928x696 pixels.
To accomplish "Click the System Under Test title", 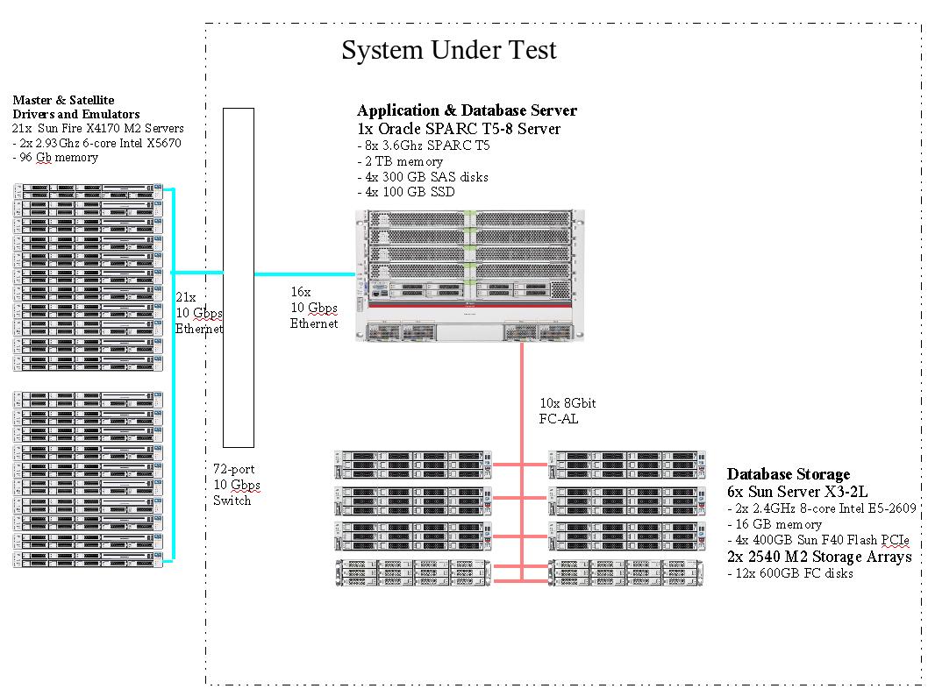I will pyautogui.click(x=448, y=50).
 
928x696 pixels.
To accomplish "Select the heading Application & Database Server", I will pyautogui.click(x=467, y=110).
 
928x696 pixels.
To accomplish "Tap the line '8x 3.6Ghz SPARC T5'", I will pyautogui.click(x=424, y=146).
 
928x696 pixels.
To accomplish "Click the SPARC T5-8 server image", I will pyautogui.click(x=465, y=274).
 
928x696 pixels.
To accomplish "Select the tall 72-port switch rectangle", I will pyautogui.click(x=238, y=277).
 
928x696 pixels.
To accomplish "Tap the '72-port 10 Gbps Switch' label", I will pyautogui.click(x=236, y=485).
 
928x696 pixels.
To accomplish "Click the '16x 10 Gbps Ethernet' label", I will pyautogui.click(x=313, y=308).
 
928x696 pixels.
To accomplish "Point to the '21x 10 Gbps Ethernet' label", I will pyautogui.click(x=199, y=313).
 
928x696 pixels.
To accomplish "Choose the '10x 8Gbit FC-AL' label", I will pyautogui.click(x=567, y=410).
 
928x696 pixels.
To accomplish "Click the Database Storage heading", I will pyautogui.click(x=788, y=474).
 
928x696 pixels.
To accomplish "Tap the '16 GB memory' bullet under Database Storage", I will pyautogui.click(x=775, y=524).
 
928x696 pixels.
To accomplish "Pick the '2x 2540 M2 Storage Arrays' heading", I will pyautogui.click(x=819, y=557).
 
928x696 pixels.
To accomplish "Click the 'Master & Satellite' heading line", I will pyautogui.click(x=63, y=100).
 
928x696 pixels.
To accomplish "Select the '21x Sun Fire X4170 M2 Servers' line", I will pyautogui.click(x=98, y=129).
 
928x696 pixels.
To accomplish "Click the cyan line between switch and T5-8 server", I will pyautogui.click(x=304, y=274).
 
